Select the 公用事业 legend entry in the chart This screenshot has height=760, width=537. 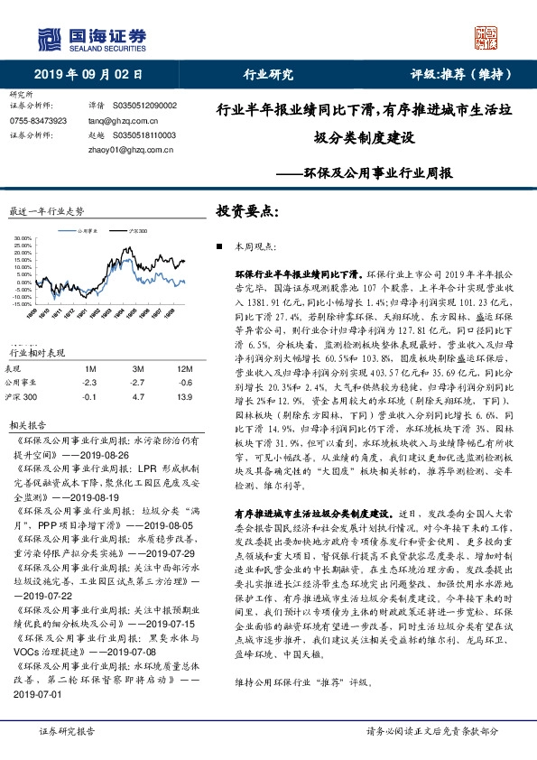point(87,230)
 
